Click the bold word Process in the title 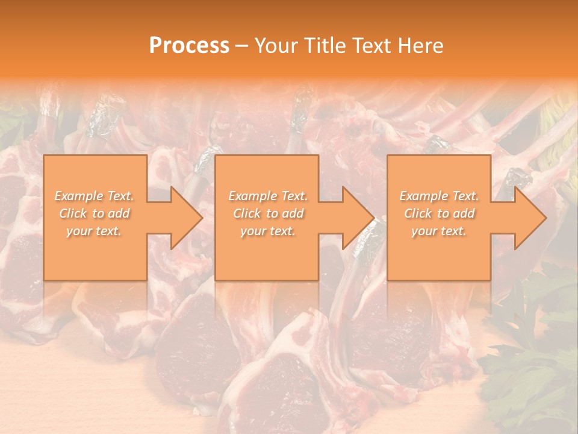189,46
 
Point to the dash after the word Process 241,46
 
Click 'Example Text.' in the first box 95,196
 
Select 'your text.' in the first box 95,231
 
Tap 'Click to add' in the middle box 268,213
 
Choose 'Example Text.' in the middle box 268,196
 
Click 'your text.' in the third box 439,231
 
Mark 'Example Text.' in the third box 439,196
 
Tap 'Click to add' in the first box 95,213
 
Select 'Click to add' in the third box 439,213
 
